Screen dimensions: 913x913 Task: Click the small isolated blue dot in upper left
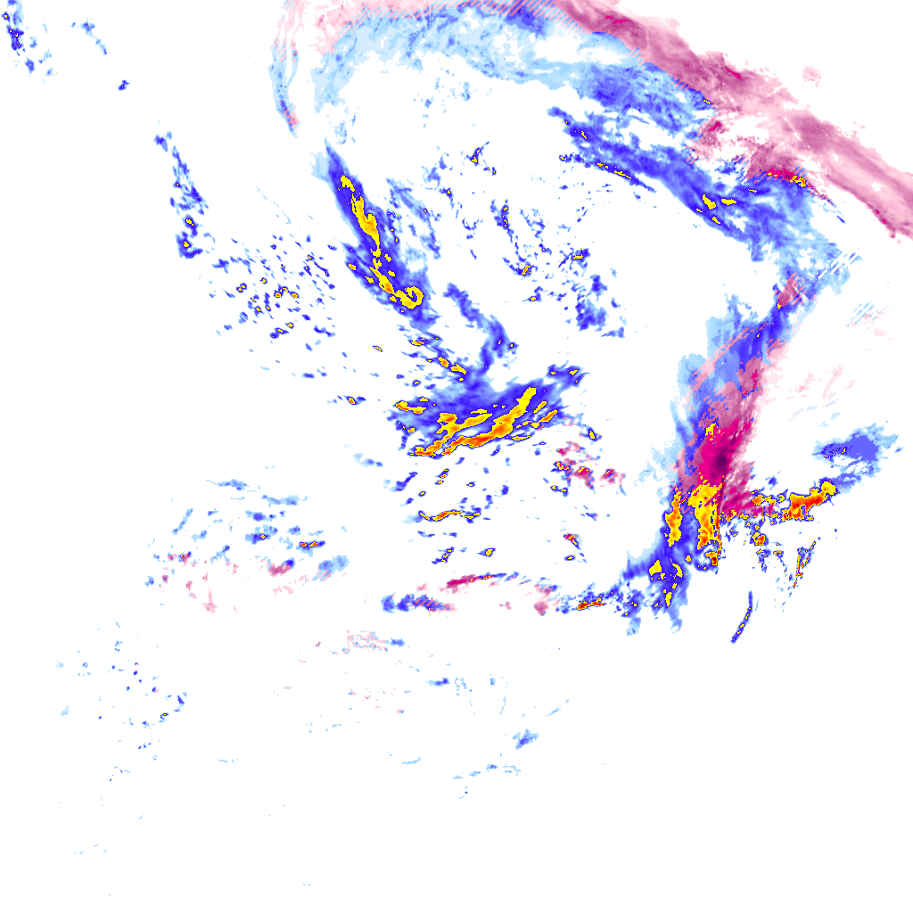pos(123,86)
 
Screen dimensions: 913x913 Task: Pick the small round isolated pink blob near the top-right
pos(811,73)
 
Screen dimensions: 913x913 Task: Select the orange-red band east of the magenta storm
pos(798,504)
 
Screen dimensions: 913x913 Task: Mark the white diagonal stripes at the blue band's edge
pos(843,261)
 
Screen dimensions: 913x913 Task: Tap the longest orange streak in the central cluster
pos(481,433)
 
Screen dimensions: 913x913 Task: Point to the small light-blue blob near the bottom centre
pos(526,738)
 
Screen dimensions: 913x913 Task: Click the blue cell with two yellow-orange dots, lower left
pos(310,543)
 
